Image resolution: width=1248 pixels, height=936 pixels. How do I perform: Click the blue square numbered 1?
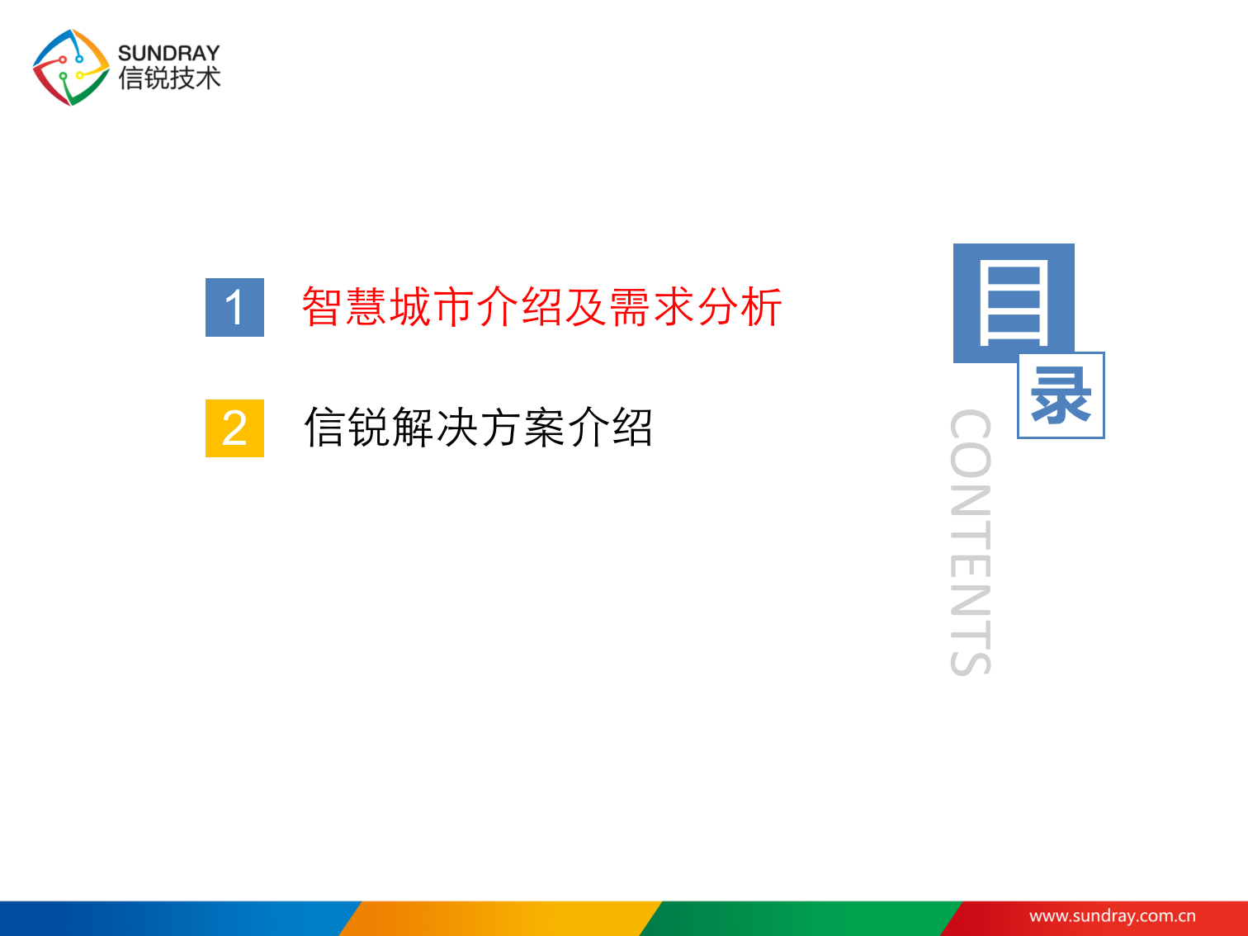234,307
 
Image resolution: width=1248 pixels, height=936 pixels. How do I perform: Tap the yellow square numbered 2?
234,428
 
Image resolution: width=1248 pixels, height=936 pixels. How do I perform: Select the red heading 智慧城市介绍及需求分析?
541,307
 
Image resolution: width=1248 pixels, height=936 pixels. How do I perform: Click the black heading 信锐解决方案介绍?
478,428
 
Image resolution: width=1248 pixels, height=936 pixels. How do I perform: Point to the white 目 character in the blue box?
1014,303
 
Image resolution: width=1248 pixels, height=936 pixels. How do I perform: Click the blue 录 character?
1061,396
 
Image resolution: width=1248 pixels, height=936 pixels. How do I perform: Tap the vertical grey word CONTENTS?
971,542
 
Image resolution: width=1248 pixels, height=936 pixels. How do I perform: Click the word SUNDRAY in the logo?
169,54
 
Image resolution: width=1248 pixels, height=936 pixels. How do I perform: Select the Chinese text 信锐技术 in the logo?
169,78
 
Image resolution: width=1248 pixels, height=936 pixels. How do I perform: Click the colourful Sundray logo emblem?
70,68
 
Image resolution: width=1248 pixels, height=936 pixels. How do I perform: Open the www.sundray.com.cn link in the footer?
1112,916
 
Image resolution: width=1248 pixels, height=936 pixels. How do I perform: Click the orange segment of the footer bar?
495,919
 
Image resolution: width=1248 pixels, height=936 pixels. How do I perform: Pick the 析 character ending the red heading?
761,307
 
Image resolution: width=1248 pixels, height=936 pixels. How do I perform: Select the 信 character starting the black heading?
324,428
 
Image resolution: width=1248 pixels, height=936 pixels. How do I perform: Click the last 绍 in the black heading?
632,428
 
